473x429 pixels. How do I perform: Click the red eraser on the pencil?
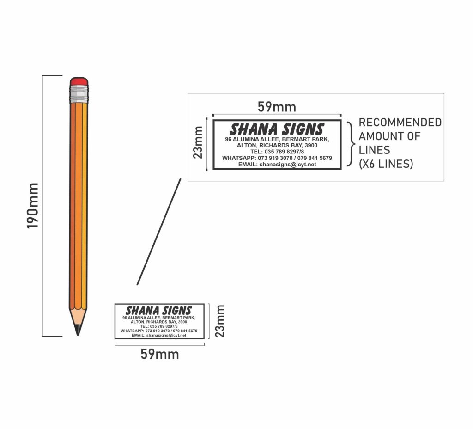(79, 81)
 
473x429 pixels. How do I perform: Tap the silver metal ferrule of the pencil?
(79, 94)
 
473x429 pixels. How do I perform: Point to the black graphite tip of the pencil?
(78, 330)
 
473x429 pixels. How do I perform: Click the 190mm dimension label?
(33, 206)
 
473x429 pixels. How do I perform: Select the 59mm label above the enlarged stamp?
(277, 107)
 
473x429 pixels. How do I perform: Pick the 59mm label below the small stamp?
(159, 354)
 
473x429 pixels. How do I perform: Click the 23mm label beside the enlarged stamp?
(198, 142)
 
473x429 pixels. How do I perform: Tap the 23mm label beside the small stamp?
(219, 321)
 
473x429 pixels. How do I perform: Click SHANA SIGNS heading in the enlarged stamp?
(277, 129)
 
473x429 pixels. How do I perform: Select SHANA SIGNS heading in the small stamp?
(159, 310)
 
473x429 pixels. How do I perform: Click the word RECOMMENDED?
(400, 122)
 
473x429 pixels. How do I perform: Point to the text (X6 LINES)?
(386, 164)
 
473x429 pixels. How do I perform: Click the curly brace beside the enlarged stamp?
(351, 144)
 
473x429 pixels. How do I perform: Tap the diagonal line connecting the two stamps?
(159, 232)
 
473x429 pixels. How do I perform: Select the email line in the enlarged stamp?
(277, 165)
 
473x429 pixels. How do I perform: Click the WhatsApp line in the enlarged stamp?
(277, 158)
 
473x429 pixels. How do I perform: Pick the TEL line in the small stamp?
(159, 326)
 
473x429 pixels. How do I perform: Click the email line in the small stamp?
(159, 335)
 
